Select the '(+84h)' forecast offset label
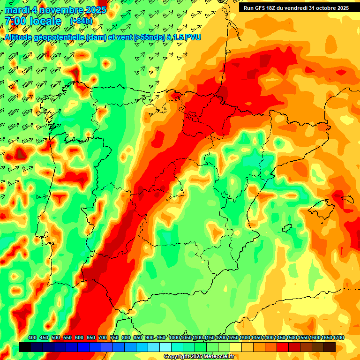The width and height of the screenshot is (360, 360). tap(81, 21)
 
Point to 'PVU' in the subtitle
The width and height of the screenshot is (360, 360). tap(193, 37)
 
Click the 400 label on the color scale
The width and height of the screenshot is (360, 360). tap(32, 338)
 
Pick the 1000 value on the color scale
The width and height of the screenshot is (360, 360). tap(174, 338)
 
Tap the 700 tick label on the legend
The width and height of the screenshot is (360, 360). tap(103, 338)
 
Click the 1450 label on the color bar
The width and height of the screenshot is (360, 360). tap(280, 338)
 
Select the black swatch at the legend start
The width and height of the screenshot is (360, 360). tap(25, 347)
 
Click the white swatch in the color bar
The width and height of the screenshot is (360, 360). tap(165, 347)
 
